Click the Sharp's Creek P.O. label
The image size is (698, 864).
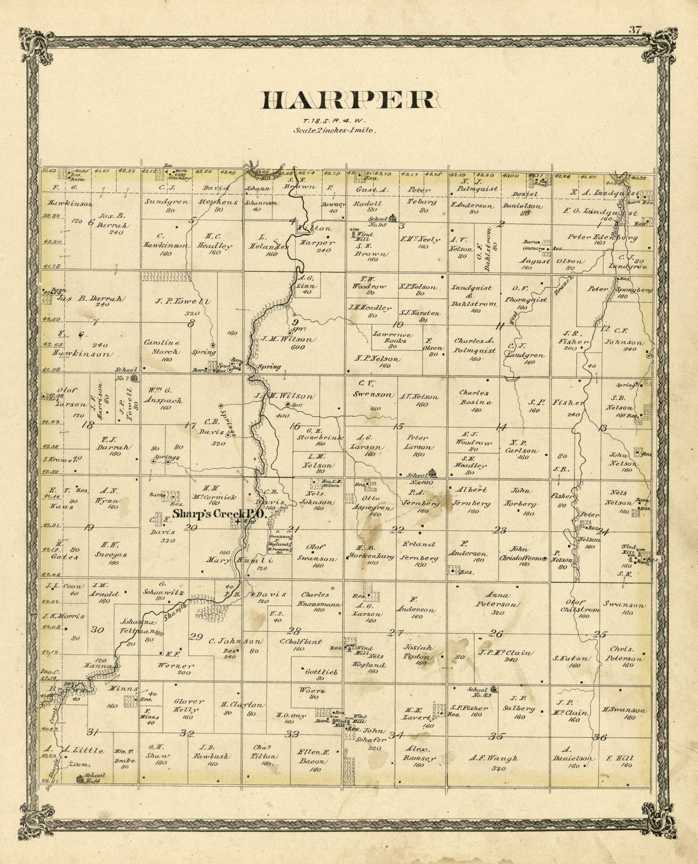pos(214,514)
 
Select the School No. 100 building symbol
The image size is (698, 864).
pos(432,472)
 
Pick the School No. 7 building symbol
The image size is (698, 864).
pos(135,378)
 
